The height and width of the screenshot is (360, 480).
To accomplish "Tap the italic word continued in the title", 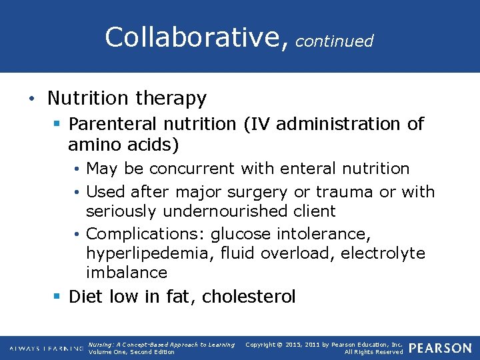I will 334,41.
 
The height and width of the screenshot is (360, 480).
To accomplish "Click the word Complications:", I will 146,234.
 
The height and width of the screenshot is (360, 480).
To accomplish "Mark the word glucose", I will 245,234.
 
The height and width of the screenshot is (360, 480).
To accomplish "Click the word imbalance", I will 127,273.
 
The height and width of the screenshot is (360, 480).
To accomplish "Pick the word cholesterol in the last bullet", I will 248,297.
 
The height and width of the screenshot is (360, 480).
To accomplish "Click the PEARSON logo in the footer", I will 440,348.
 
